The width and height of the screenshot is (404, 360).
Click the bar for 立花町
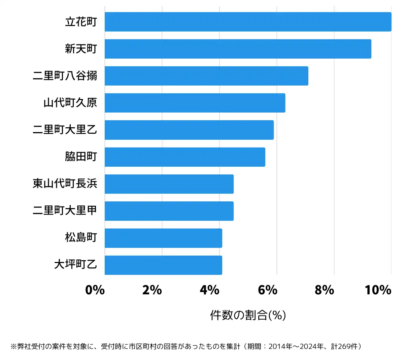[248, 22]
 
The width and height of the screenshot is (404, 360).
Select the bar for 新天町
[238, 49]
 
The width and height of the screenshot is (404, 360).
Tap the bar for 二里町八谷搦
[206, 76]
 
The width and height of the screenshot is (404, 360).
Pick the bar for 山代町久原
[195, 103]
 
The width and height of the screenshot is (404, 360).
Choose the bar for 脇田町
[185, 157]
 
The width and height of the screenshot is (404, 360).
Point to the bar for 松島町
[163, 238]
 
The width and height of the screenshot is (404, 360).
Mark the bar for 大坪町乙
[163, 265]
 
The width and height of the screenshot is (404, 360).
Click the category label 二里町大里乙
[65, 130]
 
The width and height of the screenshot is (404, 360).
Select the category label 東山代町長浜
[65, 184]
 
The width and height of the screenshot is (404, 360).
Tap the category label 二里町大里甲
[65, 210]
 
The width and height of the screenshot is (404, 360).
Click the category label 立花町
[81, 22]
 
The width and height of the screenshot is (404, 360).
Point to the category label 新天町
[81, 49]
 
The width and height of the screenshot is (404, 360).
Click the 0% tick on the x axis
[95, 290]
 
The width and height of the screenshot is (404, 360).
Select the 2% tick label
[152, 290]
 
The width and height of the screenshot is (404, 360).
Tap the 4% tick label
[209, 290]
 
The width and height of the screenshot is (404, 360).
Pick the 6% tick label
[267, 290]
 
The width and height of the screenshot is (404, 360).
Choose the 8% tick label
[325, 290]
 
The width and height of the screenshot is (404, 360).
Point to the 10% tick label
[378, 290]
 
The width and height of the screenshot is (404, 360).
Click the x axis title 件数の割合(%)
[248, 315]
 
